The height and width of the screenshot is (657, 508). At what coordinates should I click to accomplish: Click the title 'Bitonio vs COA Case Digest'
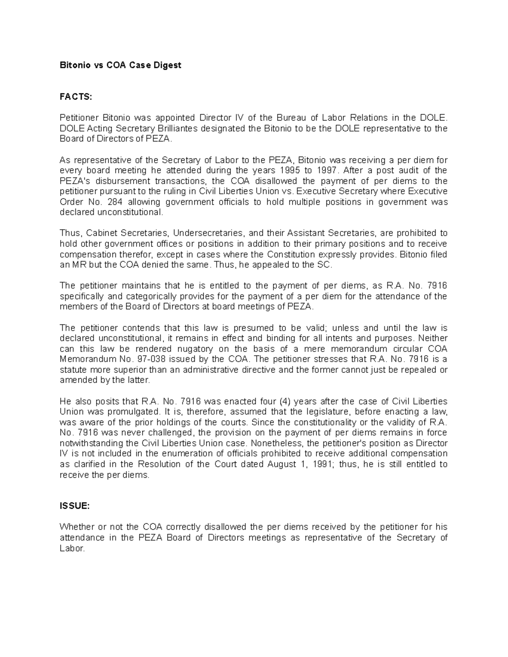pos(120,65)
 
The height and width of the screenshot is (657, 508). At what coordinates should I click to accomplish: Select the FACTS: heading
pos(75,97)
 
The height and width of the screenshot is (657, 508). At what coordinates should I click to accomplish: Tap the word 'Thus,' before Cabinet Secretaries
pos(71,233)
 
